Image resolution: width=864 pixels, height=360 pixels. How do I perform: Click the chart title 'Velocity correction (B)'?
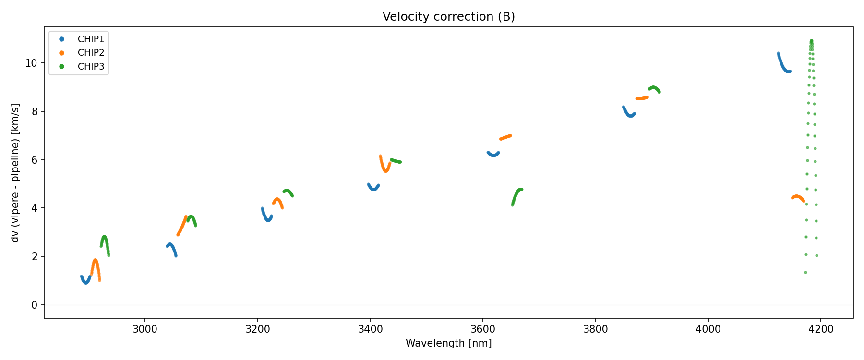pyautogui.click(x=448, y=17)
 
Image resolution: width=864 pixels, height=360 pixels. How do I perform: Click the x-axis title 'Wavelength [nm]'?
pyautogui.click(x=448, y=343)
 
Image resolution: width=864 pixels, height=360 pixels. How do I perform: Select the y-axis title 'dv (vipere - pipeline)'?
pyautogui.click(x=15, y=173)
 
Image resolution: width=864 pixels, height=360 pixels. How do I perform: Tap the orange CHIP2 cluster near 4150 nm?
pyautogui.click(x=797, y=197)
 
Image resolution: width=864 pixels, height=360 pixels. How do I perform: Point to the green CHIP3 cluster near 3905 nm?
pyautogui.click(x=654, y=88)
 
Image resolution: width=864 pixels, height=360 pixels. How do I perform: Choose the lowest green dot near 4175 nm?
pyautogui.click(x=805, y=272)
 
